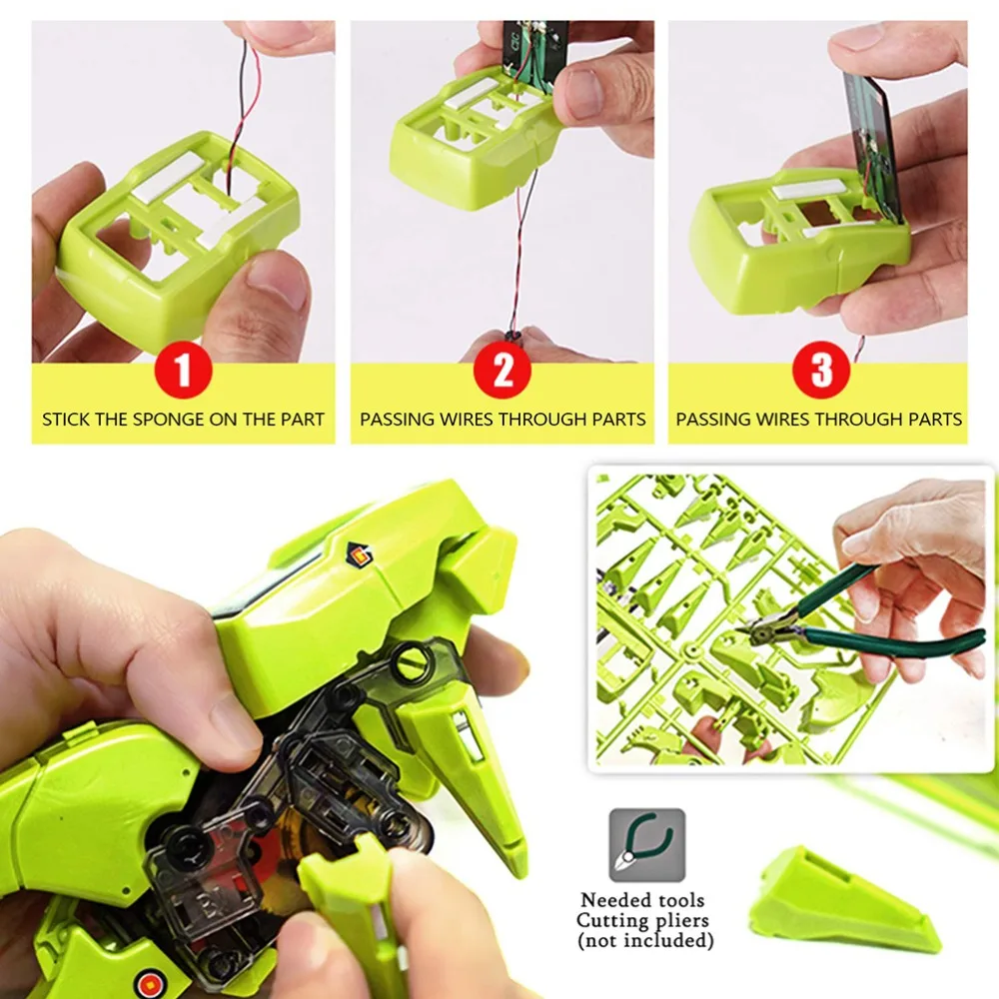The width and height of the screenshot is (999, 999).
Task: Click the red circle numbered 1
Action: [183, 370]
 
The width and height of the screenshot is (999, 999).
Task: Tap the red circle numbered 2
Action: [503, 370]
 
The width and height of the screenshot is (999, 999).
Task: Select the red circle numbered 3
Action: [821, 370]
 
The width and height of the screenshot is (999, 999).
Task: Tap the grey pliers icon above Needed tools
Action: [646, 845]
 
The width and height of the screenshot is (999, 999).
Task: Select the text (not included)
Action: [645, 940]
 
